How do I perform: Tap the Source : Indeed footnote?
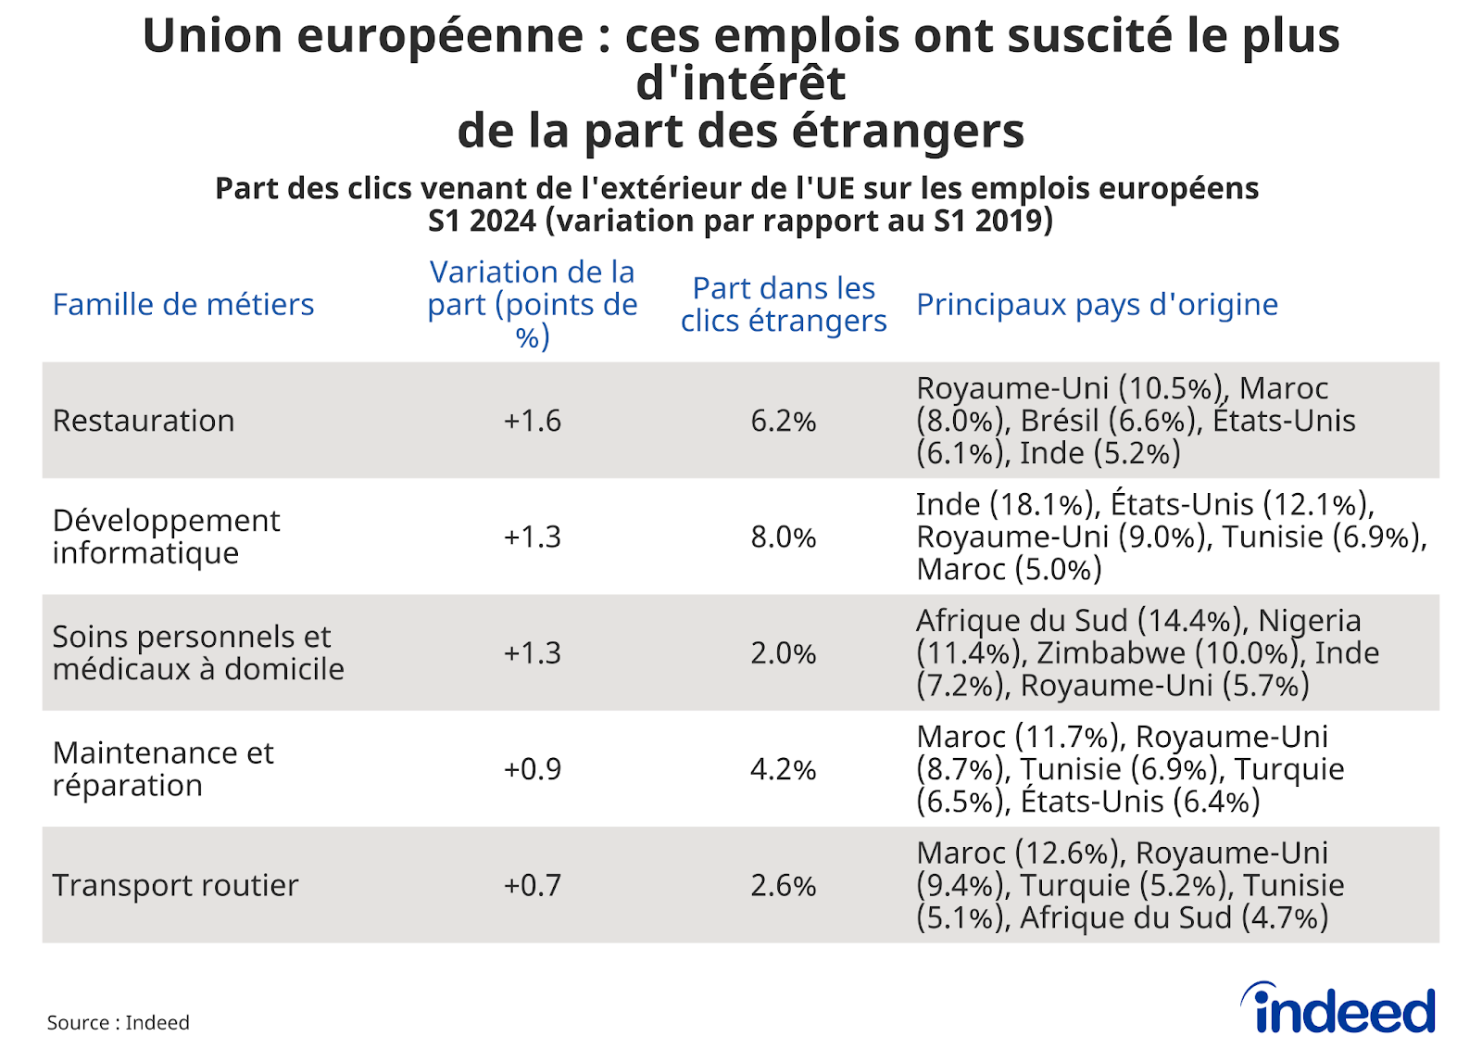pyautogui.click(x=118, y=1022)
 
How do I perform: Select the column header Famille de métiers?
pyautogui.click(x=183, y=304)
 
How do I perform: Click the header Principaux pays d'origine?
pyautogui.click(x=1097, y=304)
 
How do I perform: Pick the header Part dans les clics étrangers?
pyautogui.click(x=784, y=304)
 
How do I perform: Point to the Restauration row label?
pyautogui.click(x=144, y=421)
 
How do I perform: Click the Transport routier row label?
pyautogui.click(x=175, y=885)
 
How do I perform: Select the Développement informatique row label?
pyautogui.click(x=166, y=537)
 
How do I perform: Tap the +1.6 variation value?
pyautogui.click(x=532, y=421)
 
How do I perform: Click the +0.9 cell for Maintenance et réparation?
pyautogui.click(x=532, y=769)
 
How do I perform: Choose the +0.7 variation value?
pyautogui.click(x=532, y=885)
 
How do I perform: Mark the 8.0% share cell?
pyautogui.click(x=784, y=537)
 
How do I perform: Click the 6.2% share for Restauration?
pyautogui.click(x=784, y=421)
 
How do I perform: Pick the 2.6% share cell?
pyautogui.click(x=784, y=885)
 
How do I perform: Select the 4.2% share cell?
pyautogui.click(x=784, y=769)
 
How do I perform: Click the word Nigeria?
pyautogui.click(x=1310, y=620)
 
